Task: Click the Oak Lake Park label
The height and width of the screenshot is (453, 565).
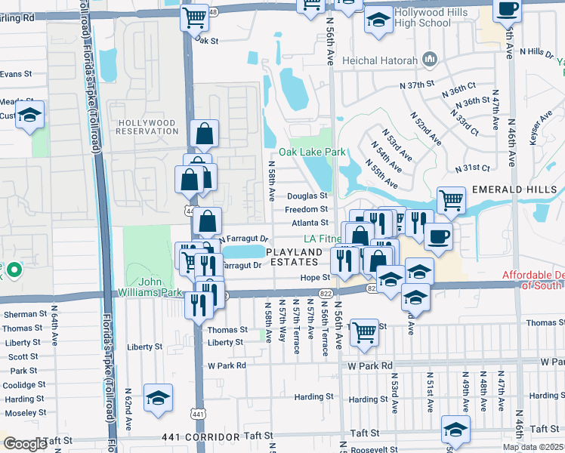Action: (x=312, y=152)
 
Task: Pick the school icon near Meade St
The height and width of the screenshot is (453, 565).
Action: (x=29, y=116)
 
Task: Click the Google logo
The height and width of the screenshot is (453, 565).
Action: (x=24, y=444)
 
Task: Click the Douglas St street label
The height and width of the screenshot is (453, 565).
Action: (x=307, y=196)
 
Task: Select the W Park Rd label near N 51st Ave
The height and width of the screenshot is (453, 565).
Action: (x=370, y=365)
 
